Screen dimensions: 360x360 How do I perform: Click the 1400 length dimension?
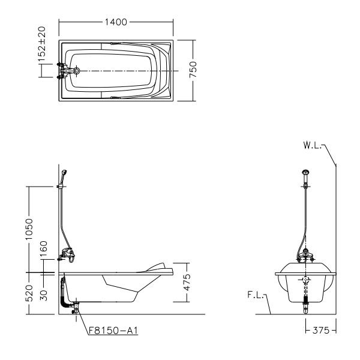116,22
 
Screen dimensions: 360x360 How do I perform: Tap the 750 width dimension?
193,70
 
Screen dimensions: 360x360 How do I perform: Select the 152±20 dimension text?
42,44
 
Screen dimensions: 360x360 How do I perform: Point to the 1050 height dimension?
29,229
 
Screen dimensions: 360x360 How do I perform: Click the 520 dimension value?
29,293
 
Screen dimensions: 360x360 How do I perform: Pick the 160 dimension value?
43,249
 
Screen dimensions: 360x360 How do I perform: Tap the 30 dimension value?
43,295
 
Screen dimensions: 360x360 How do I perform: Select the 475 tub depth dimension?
187,283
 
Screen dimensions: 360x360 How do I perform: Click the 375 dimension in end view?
321,331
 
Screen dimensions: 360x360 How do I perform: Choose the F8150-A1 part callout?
113,331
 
